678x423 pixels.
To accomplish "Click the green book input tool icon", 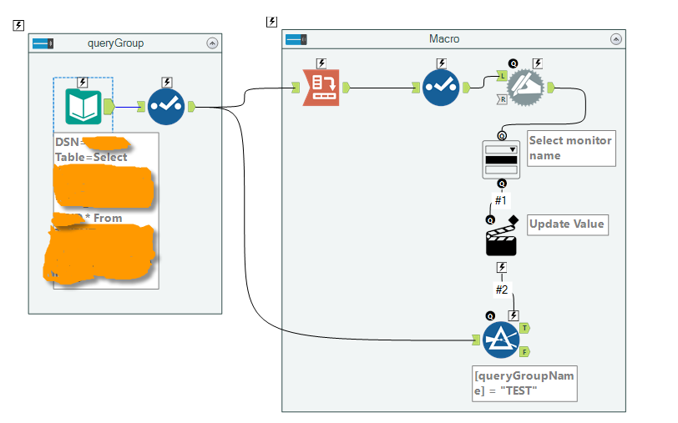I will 83,106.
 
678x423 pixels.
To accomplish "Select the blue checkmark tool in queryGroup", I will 166,106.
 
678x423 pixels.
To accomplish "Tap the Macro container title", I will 443,39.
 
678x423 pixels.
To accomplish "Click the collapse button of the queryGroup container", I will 212,43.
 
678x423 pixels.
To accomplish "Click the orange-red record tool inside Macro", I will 321,87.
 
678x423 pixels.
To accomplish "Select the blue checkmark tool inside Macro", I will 441,87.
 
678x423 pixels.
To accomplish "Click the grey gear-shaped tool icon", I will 527,87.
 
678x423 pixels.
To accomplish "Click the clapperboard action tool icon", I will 501,239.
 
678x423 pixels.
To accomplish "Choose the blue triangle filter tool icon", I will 500,340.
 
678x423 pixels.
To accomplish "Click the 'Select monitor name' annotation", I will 571,148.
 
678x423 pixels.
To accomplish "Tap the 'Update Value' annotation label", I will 566,224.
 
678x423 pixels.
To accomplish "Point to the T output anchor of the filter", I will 524,329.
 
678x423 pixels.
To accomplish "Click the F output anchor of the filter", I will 524,350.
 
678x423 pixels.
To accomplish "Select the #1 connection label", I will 501,200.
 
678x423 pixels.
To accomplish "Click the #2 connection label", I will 501,290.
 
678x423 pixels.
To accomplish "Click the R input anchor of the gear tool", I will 503,99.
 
